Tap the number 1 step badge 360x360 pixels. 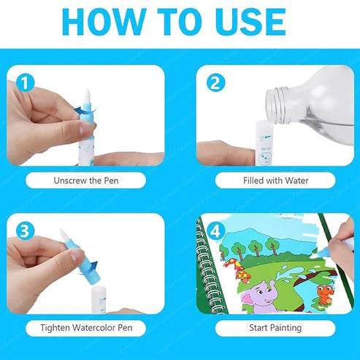click(x=26, y=83)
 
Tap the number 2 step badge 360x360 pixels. click(x=215, y=83)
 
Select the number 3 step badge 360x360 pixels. click(x=26, y=231)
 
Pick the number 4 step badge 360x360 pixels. click(x=215, y=231)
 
